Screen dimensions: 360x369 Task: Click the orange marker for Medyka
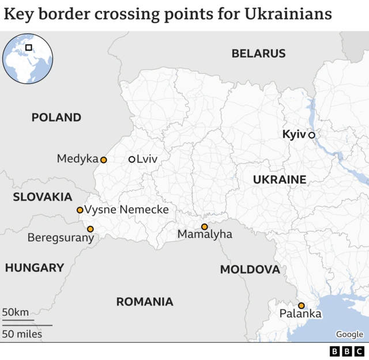[x=103, y=160]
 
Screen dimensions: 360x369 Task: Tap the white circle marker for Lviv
[x=131, y=160]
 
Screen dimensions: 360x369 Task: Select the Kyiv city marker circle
[x=311, y=135]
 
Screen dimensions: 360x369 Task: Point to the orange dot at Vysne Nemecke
[x=80, y=210]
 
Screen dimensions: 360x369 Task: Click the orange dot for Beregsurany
[x=90, y=229]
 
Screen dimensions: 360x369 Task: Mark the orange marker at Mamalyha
[x=204, y=227]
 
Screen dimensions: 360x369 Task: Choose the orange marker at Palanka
[x=301, y=306]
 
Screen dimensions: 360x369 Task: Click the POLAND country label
[x=56, y=118]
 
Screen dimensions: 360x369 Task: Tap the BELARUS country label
[x=258, y=54]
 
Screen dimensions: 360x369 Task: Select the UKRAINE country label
[x=280, y=180]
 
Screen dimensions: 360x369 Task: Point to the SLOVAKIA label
[x=42, y=197]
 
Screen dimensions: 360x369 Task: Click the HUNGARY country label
[x=34, y=268]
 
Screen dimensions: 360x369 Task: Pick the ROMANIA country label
[x=145, y=302]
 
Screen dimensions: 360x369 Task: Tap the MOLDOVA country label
[x=250, y=270]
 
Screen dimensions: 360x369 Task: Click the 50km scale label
[x=15, y=312]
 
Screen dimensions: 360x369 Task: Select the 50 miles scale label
[x=21, y=334]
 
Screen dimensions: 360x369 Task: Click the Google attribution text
[x=349, y=334]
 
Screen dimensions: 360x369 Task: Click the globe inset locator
[x=28, y=58]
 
